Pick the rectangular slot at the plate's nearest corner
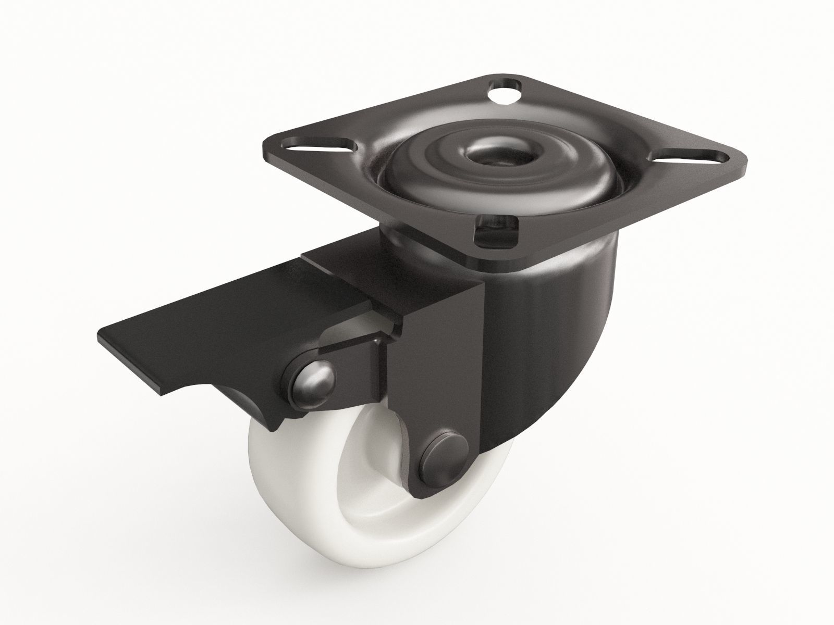coord(498,233)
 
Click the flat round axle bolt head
coord(444,448)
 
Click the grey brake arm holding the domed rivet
coord(354,359)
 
